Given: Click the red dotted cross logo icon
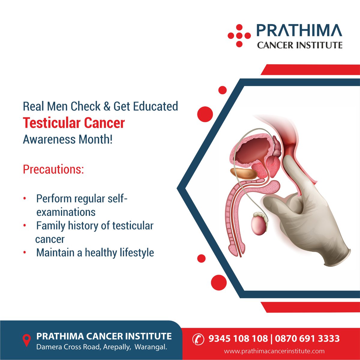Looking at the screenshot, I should [239, 36].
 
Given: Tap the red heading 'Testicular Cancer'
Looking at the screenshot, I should [74, 123].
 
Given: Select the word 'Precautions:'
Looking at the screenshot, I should [53, 169].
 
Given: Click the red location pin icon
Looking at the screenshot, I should [27, 340].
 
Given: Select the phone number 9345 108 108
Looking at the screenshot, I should [238, 339].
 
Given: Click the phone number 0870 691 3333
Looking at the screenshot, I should [307, 339].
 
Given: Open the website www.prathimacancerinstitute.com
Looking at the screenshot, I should [274, 351].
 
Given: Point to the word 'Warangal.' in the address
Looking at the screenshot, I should [151, 347].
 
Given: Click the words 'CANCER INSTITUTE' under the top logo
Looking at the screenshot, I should [299, 45].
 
